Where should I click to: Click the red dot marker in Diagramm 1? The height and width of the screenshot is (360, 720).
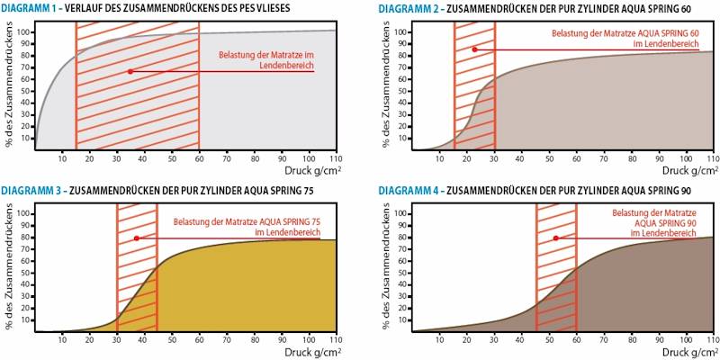click(x=130, y=71)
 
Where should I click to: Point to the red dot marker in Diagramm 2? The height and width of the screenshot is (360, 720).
click(x=474, y=49)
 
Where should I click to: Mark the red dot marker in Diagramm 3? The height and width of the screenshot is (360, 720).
click(x=137, y=238)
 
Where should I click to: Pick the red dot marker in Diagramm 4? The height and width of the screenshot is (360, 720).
click(x=556, y=238)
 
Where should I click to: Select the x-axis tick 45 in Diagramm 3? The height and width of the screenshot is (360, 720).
click(x=157, y=340)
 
